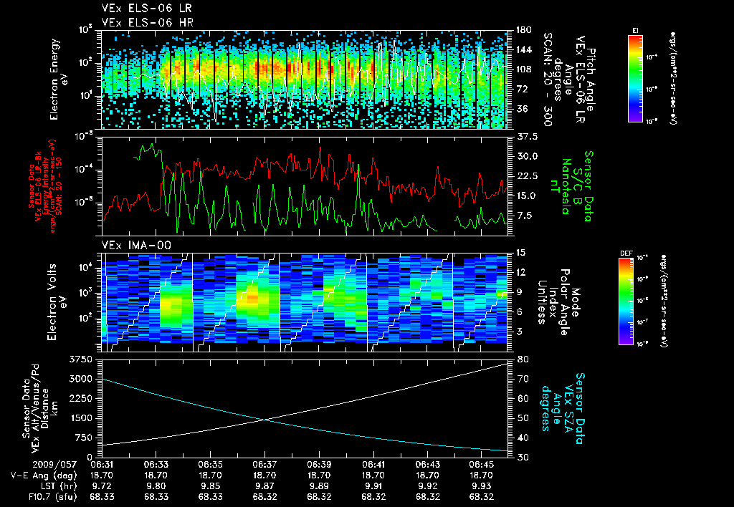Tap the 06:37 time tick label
tap(265, 464)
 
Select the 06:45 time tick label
tap(482, 464)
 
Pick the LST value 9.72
tap(103, 485)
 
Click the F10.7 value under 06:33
tap(157, 495)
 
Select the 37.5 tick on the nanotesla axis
tap(526, 136)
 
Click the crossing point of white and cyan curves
tap(265, 420)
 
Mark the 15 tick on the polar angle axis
tap(520, 253)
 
